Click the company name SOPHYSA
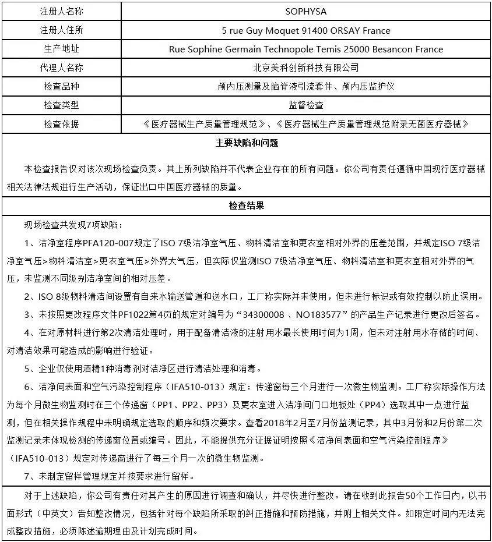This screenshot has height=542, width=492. tap(305, 11)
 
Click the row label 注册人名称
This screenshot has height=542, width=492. tap(61, 11)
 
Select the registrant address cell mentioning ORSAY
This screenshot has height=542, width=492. tap(305, 30)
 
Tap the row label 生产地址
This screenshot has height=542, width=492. tap(61, 49)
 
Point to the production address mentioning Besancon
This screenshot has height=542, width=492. tap(305, 49)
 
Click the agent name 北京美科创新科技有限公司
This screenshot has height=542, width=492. tap(305, 68)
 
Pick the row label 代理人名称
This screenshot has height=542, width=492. tap(61, 68)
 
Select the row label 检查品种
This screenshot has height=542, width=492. tap(61, 86)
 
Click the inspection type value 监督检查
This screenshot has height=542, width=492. tap(305, 105)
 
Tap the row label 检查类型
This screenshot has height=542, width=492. tap(61, 105)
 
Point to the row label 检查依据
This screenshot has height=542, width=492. tap(61, 124)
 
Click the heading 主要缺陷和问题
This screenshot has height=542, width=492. tap(246, 143)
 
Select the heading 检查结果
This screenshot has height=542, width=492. tap(246, 206)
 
